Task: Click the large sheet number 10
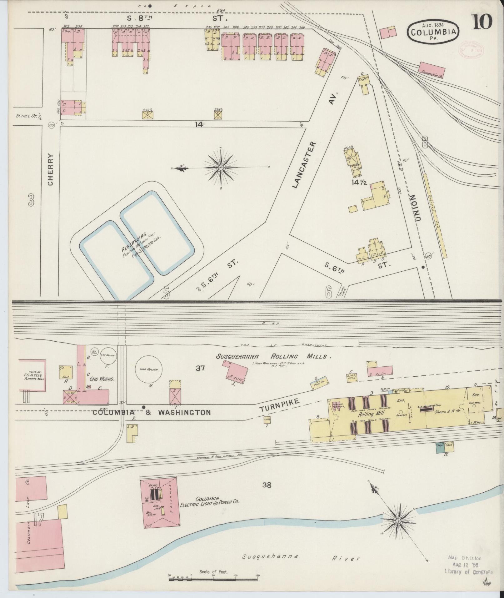[482, 22]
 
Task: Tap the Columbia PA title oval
[433, 31]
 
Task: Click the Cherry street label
[51, 169]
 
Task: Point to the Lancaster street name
[304, 165]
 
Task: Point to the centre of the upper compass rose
[221, 168]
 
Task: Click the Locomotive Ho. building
[432, 68]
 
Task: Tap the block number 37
[200, 368]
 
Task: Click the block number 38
[267, 485]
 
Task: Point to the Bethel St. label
[24, 116]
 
